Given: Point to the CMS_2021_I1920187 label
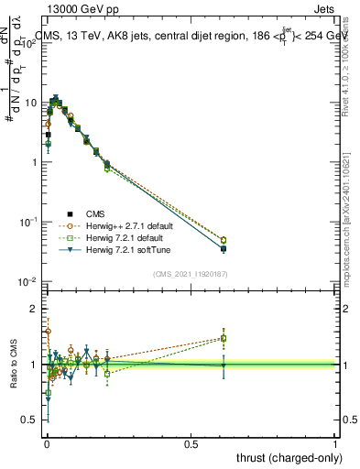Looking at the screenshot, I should pyautogui.click(x=189, y=273).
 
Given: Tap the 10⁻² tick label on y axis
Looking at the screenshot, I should pyautogui.click(x=28, y=281).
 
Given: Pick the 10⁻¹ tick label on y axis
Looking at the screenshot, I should pyautogui.click(x=28, y=222).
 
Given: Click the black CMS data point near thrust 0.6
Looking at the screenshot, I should pyautogui.click(x=224, y=248).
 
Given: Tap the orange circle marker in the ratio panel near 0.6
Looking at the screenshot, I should pyautogui.click(x=224, y=337).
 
